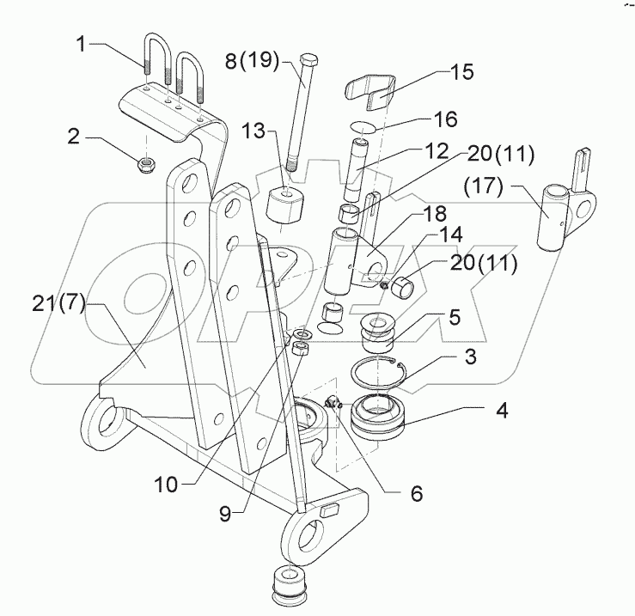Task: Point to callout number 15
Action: pyautogui.click(x=461, y=71)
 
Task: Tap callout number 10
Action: pyautogui.click(x=167, y=484)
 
